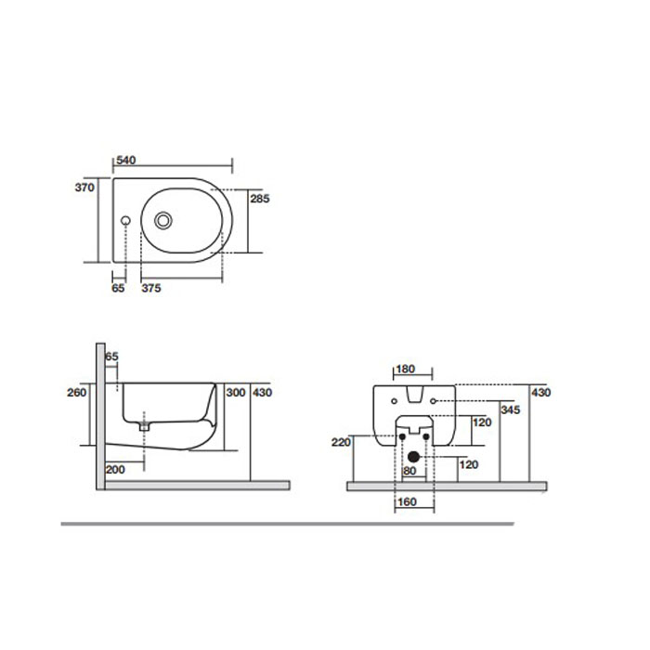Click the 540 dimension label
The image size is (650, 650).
coord(125,161)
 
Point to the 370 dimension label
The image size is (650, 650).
coord(85,187)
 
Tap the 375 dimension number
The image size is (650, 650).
coord(151,289)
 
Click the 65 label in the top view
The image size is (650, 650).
coord(118,289)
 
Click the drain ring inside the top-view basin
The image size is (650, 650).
coord(164,220)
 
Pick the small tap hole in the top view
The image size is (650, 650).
coord(125,221)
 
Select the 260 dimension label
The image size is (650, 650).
coord(77,393)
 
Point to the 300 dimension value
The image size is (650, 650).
coord(236,393)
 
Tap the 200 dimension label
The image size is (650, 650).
coord(115,471)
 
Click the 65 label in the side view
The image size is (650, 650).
coord(111,357)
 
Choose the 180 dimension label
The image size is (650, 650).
coord(406,370)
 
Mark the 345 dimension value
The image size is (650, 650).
coord(510,409)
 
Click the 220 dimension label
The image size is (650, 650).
coord(341,443)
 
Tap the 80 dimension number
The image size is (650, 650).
coord(409,471)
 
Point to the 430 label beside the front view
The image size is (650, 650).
coord(541,393)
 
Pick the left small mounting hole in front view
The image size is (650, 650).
coord(395,401)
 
